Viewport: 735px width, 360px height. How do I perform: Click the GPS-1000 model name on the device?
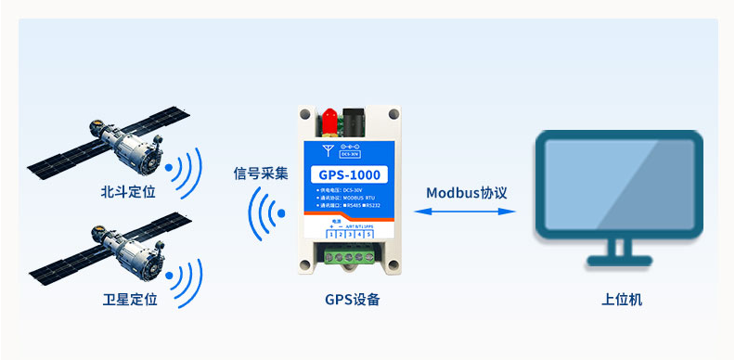pos(348,174)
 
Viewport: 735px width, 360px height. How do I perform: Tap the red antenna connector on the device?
pos(328,119)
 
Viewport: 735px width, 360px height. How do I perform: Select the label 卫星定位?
pos(130,300)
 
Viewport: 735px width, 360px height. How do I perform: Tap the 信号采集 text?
pos(261,174)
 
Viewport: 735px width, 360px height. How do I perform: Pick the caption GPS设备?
pos(352,300)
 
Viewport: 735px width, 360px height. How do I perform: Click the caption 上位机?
pos(621,300)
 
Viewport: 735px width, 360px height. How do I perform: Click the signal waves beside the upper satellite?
pos(184,169)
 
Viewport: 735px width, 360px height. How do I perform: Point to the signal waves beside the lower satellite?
pos(184,276)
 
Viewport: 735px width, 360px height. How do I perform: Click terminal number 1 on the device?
pos(331,235)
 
